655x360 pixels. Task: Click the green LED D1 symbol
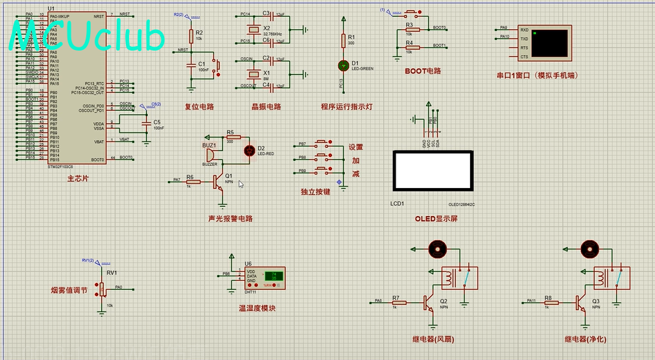(344, 66)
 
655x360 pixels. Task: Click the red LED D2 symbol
(248, 150)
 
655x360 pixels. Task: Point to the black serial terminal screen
(549, 42)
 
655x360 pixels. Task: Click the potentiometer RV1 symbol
(101, 289)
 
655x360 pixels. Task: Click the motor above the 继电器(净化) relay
(589, 248)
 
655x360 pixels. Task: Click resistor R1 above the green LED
(344, 41)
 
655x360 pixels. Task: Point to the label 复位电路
(199, 107)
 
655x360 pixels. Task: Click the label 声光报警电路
(230, 219)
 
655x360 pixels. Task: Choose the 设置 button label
(356, 147)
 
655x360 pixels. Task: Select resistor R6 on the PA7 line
(193, 182)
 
